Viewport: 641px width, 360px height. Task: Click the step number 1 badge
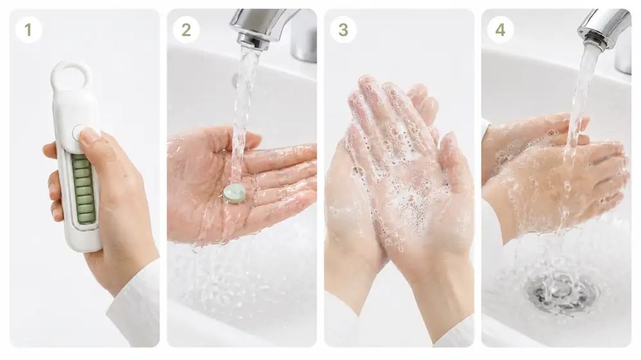point(28,30)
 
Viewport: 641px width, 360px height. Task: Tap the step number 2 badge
point(186,30)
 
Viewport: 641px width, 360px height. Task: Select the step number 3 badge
point(343,30)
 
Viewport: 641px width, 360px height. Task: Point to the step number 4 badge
point(501,30)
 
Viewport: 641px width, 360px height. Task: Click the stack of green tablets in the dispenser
point(83,189)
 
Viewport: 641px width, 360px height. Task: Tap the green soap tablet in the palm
point(234,193)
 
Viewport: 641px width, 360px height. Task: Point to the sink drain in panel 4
point(563,291)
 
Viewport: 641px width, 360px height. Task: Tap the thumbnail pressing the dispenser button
point(90,135)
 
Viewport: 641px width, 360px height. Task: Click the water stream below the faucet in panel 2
point(242,114)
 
